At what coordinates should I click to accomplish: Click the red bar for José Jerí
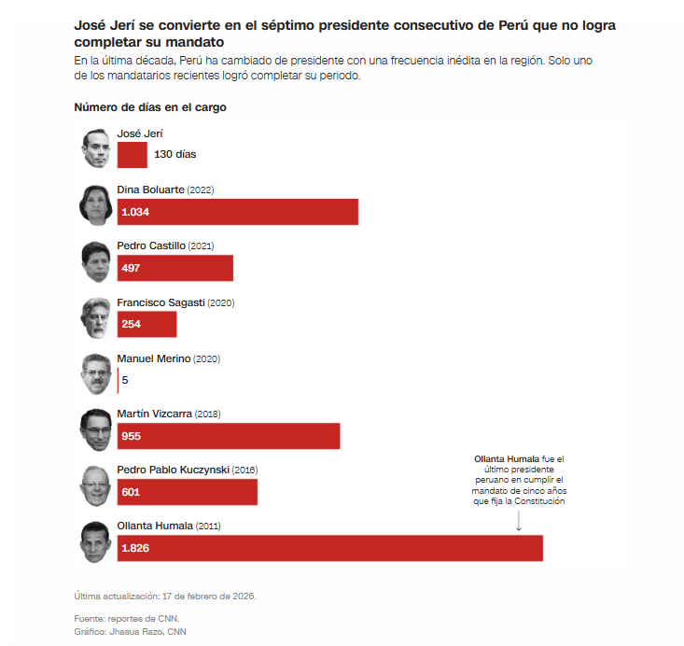[133, 155]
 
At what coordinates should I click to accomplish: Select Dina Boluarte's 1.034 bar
[238, 212]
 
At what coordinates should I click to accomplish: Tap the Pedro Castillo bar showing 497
[175, 268]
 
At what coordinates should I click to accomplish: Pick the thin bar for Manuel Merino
[119, 380]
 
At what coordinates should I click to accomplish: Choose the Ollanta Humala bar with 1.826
[330, 548]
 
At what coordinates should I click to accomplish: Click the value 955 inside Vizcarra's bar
[132, 436]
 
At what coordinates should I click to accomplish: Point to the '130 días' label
[174, 155]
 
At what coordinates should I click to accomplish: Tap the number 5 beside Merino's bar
[125, 380]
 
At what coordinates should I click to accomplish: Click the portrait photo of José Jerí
[95, 148]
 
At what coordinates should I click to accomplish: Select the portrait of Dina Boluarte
[95, 204]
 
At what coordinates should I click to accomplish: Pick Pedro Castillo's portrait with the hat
[95, 260]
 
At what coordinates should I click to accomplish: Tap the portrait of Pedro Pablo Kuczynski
[95, 484]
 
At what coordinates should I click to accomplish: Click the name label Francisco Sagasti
[161, 302]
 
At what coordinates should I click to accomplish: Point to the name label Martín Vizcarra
[155, 414]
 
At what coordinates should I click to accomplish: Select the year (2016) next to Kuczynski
[245, 470]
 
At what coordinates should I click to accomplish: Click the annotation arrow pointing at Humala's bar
[519, 522]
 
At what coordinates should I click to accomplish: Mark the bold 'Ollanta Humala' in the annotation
[506, 460]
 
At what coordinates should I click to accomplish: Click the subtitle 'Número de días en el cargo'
[150, 107]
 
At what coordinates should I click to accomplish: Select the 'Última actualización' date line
[165, 596]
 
